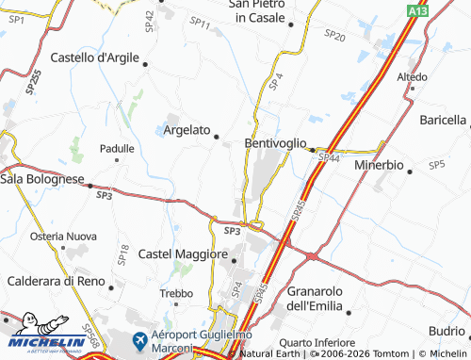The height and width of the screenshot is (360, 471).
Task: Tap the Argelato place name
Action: click(187, 130)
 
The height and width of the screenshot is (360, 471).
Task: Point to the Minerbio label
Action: click(379, 165)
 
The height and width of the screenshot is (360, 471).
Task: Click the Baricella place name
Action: click(442, 120)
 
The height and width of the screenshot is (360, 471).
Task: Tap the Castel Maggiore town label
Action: click(183, 254)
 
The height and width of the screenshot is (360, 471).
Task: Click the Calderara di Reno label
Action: click(54, 281)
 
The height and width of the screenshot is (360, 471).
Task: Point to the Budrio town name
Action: click(447, 332)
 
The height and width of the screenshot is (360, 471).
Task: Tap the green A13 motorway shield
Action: click(418, 9)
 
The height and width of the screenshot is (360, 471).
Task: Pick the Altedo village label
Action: click(412, 76)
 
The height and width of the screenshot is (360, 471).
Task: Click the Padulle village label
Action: click(118, 149)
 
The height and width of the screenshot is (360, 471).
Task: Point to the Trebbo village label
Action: click(176, 294)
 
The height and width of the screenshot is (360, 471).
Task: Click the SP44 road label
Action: click(328, 158)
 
